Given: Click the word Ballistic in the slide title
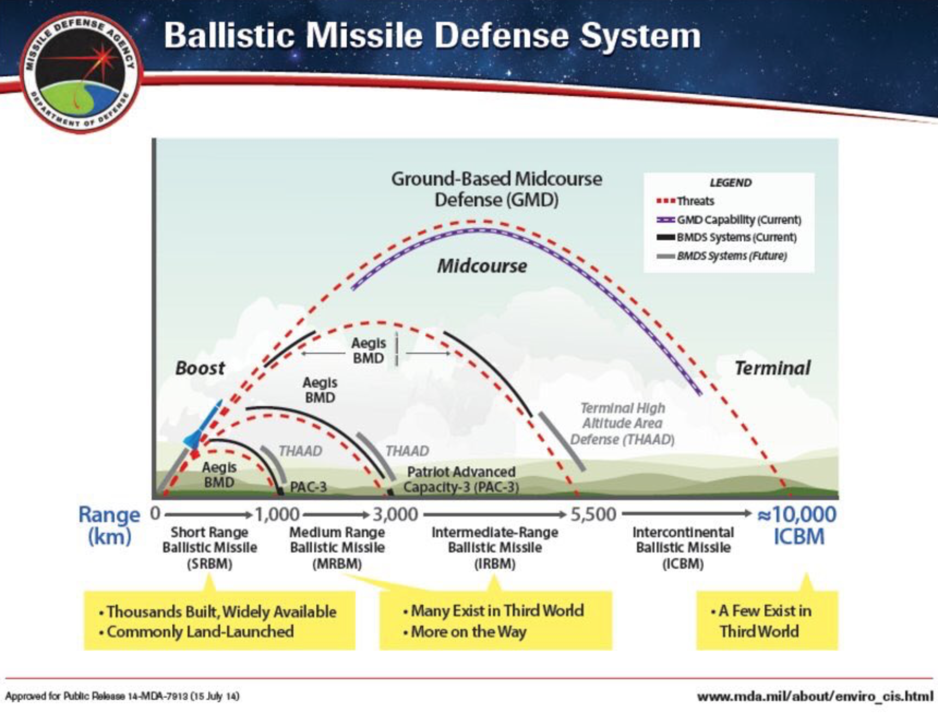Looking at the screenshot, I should point(229,35).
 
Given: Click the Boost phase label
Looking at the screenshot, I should point(200,368).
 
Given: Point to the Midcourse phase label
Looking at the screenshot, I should point(482,266).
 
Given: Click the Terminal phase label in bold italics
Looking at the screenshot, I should point(772,368).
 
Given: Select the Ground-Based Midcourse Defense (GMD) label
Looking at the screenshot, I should point(496,189).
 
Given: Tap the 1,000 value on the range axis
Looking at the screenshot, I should point(277,514).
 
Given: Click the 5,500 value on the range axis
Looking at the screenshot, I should point(593,514).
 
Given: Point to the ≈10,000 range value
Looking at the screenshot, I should point(797,514).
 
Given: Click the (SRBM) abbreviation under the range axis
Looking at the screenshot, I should point(209,563).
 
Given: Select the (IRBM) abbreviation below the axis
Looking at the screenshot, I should point(495,563).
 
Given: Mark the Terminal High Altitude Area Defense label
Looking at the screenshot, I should point(622,424).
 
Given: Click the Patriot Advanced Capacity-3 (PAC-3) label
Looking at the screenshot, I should point(461,479).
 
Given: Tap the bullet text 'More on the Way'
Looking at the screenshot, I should point(468,632).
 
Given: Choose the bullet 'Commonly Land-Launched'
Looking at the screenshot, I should point(200,632).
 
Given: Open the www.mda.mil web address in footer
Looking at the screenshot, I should point(815,696).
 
